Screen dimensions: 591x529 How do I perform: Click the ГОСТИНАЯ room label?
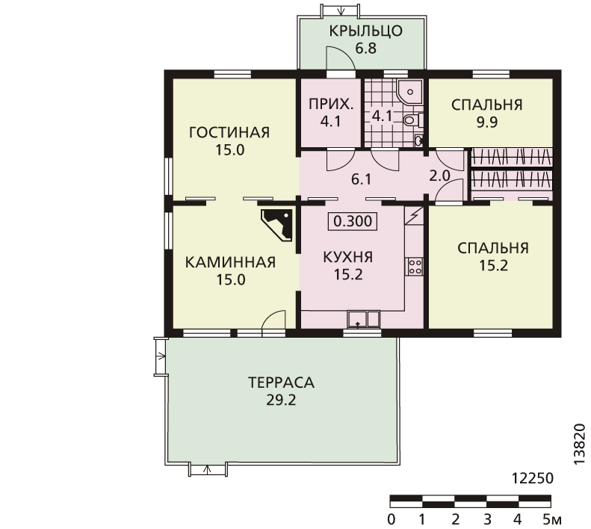point(229,132)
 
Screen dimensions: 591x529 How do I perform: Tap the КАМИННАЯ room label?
point(230,262)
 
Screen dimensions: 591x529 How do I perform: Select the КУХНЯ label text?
point(348,257)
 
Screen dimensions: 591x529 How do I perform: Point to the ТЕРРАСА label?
point(281,383)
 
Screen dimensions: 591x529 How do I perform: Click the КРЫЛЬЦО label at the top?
point(365,31)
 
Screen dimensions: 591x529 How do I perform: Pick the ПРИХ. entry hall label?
point(331,104)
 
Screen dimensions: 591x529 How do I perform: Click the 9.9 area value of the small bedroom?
point(487,123)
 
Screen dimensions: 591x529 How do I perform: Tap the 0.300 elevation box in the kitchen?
point(353,221)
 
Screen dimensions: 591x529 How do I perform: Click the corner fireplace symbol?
point(277,225)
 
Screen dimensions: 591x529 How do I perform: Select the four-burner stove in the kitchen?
point(415,266)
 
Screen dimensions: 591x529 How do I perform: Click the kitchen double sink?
point(363,319)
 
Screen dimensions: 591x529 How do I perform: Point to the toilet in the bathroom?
point(412,120)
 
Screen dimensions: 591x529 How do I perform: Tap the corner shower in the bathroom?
point(409,92)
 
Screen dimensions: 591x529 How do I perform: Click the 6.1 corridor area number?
point(361,179)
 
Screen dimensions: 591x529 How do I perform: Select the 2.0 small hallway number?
point(439,176)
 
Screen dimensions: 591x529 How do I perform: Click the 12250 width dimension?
point(533,478)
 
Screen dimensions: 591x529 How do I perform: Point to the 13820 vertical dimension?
point(579,445)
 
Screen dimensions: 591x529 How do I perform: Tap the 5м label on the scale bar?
point(552,519)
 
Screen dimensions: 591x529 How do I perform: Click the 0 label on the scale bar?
point(392,519)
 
